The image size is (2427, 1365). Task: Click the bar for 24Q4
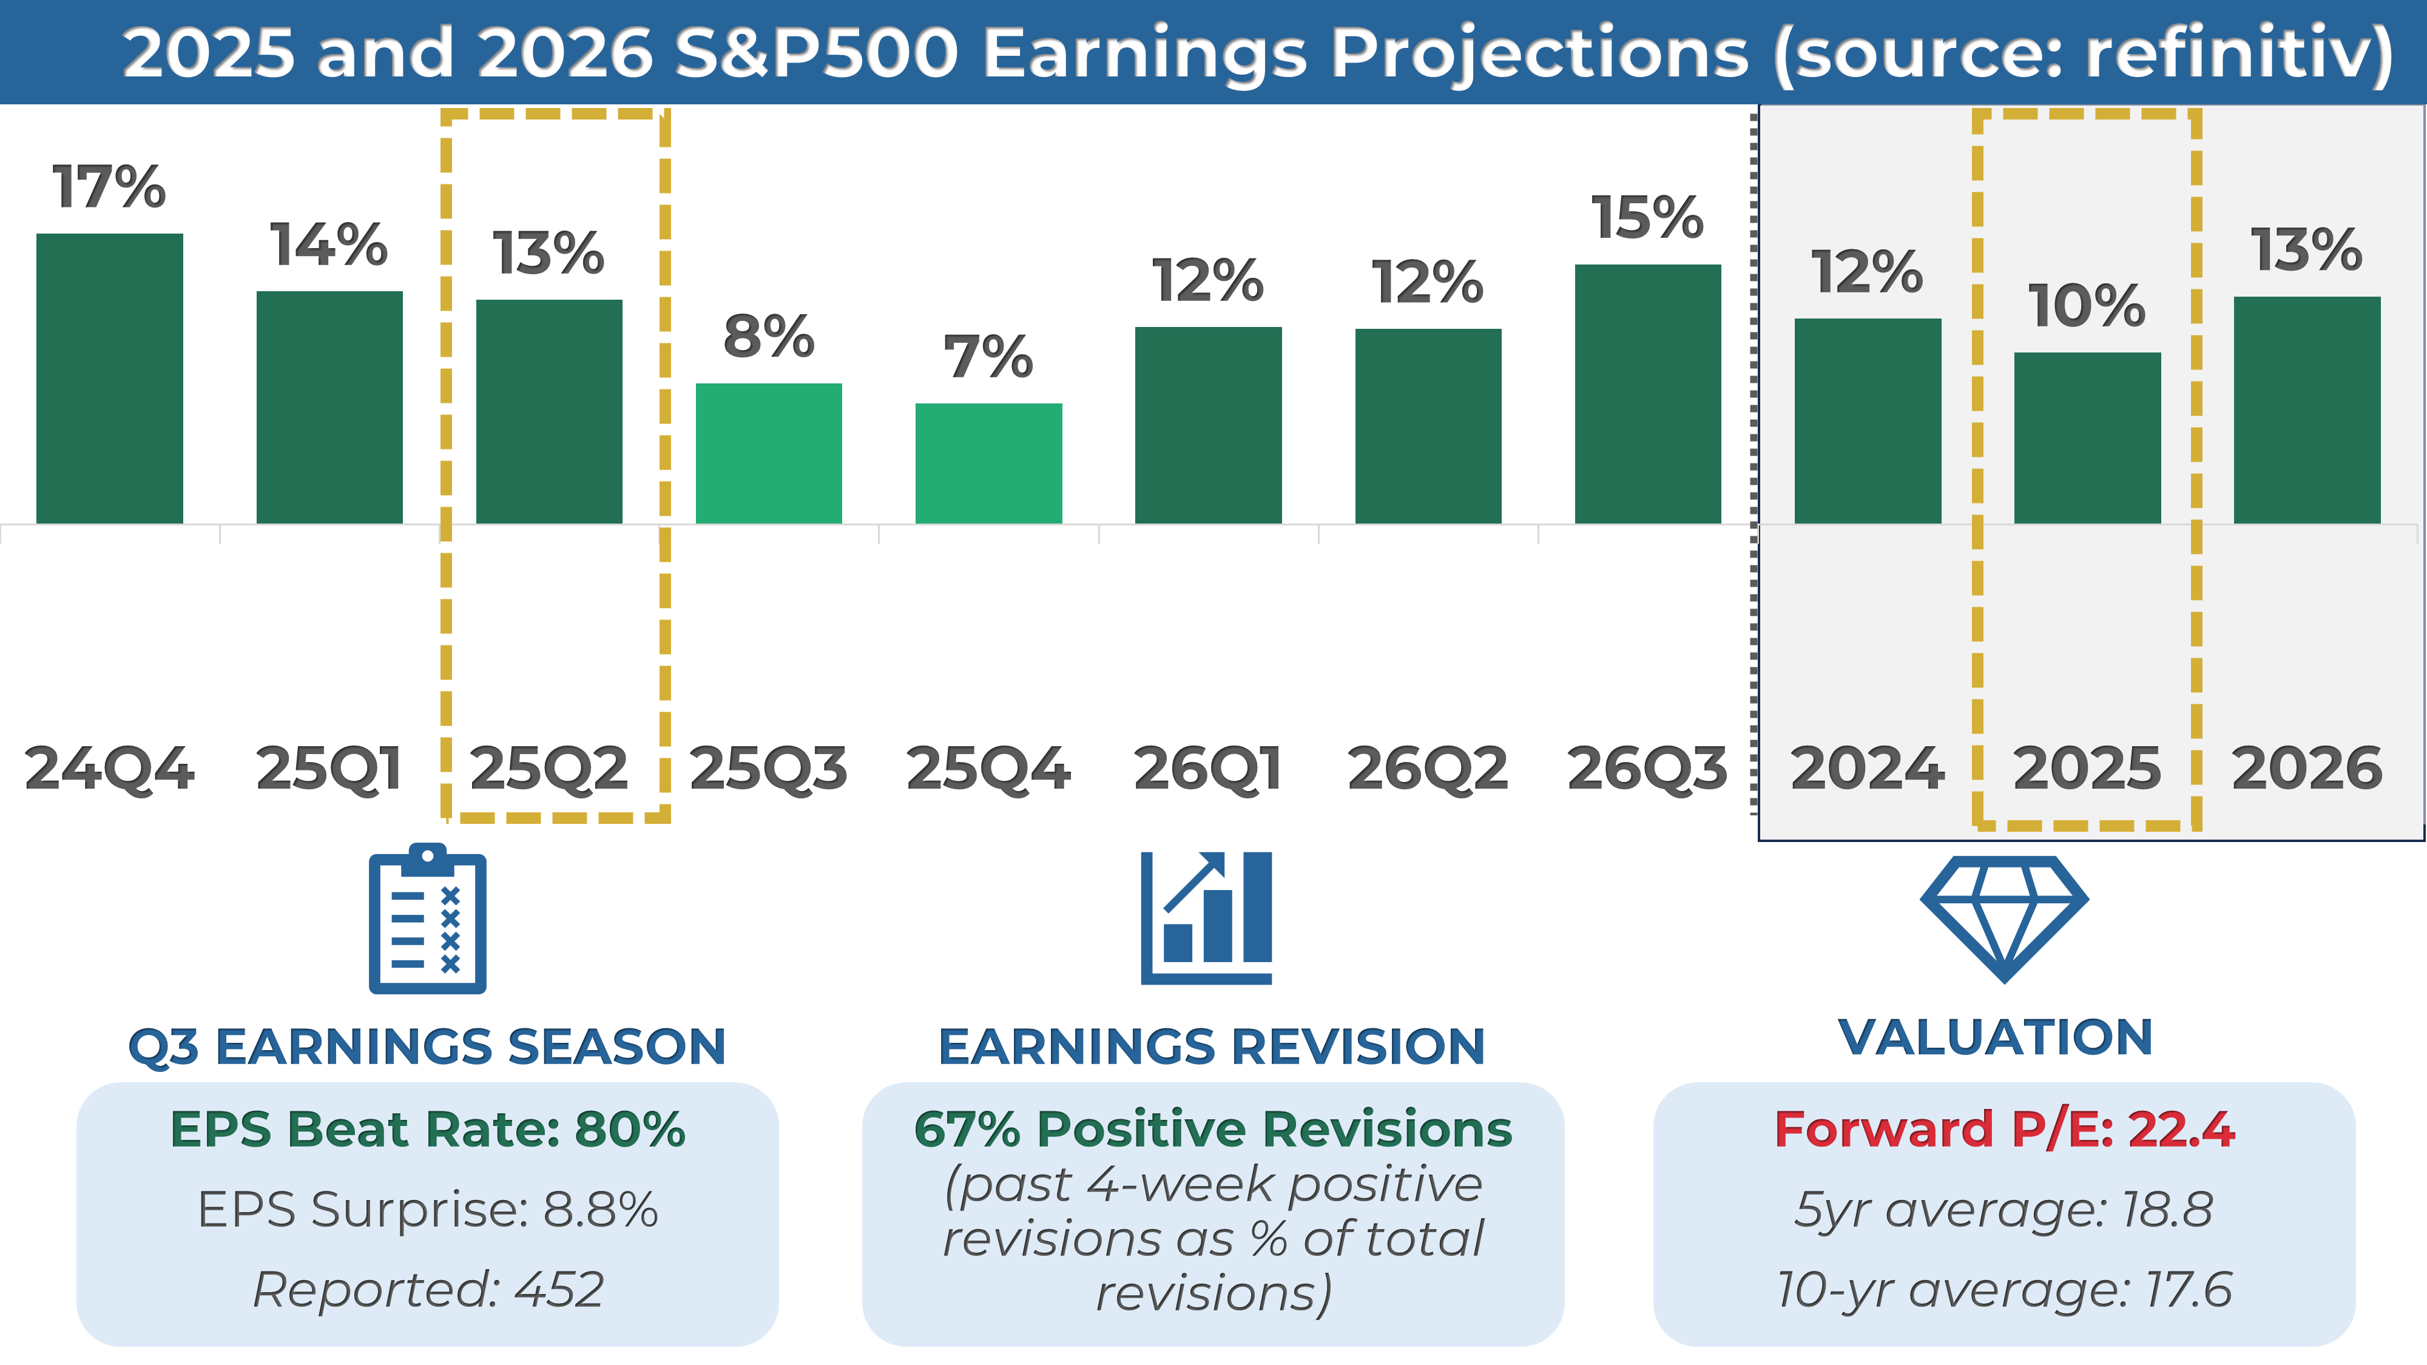click(109, 378)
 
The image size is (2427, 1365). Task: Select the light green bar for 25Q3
click(769, 453)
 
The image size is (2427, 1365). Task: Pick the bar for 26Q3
click(1648, 394)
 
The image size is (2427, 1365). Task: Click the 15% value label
click(1648, 218)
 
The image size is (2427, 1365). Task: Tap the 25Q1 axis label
click(329, 768)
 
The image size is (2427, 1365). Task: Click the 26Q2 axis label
click(1427, 768)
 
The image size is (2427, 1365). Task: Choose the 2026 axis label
click(2306, 768)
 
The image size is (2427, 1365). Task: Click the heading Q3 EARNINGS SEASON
click(427, 1046)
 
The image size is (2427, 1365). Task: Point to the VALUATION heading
click(1996, 1037)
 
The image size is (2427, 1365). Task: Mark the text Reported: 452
click(427, 1289)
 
